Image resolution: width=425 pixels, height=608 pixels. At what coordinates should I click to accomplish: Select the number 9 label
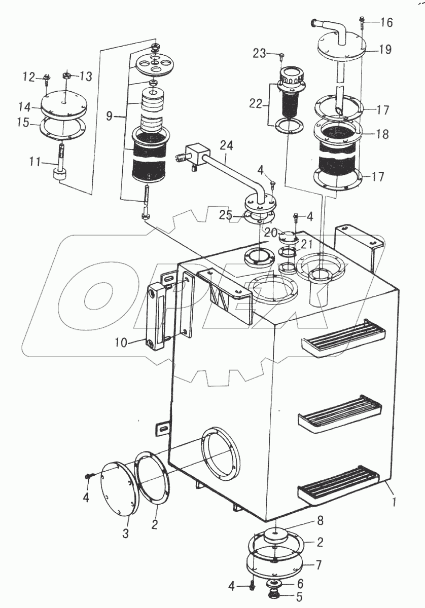click(110, 117)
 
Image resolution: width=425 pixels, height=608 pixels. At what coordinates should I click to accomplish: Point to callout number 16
click(386, 23)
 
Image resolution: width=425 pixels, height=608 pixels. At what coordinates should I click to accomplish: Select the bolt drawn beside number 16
click(364, 21)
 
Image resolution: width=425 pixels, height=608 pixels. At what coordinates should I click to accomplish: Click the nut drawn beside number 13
click(66, 76)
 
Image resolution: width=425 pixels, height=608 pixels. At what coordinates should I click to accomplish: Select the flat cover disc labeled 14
click(63, 106)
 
